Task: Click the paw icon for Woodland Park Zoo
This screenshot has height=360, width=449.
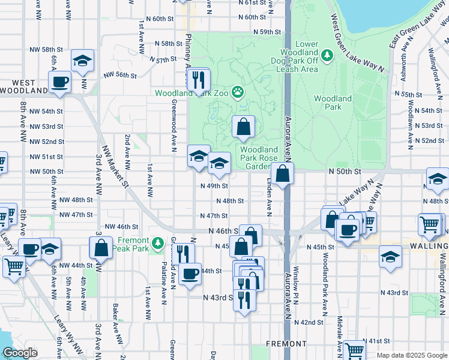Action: click(x=238, y=92)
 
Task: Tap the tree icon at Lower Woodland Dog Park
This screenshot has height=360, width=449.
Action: click(x=327, y=56)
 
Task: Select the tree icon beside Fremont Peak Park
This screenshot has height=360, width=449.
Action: click(x=157, y=243)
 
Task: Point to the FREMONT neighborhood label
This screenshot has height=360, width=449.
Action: click(x=286, y=344)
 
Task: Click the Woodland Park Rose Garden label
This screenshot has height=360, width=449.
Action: click(x=259, y=158)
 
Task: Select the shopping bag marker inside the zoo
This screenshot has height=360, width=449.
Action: click(x=243, y=127)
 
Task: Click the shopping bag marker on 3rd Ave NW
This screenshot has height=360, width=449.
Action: click(x=101, y=247)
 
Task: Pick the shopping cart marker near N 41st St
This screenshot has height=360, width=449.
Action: click(x=354, y=350)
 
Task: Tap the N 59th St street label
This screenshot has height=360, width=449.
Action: click(x=267, y=32)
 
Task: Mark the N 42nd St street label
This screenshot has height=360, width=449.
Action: click(x=311, y=322)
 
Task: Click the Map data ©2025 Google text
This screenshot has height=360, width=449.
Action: click(x=412, y=355)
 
